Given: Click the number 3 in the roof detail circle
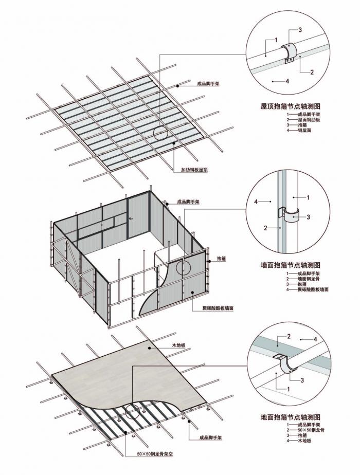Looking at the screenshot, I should [x=300, y=30].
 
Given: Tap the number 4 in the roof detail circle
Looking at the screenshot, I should [x=287, y=81].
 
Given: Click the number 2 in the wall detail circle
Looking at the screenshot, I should [x=265, y=227].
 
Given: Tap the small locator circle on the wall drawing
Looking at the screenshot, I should [x=183, y=266].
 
